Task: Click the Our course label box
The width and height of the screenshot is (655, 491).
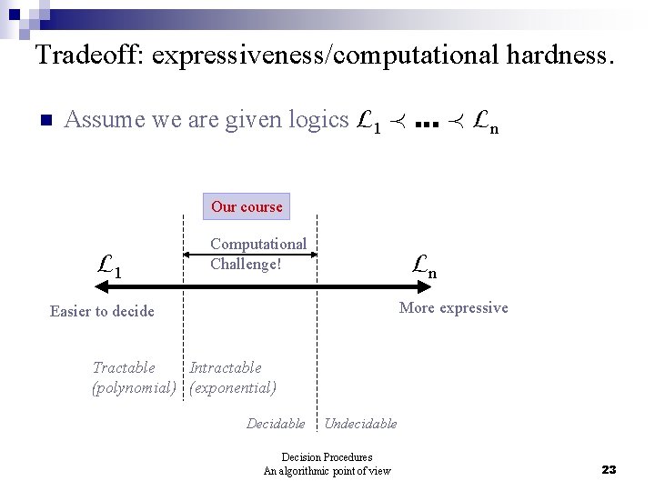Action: tap(247, 206)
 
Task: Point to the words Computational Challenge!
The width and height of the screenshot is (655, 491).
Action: tap(258, 254)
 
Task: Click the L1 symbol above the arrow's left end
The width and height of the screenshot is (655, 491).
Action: tap(110, 266)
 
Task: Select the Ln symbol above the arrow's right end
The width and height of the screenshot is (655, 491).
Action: tap(423, 266)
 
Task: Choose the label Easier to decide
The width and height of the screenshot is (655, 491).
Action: tap(102, 311)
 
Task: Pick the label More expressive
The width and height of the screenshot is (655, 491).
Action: tap(453, 307)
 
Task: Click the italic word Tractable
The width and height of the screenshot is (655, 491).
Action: tap(124, 367)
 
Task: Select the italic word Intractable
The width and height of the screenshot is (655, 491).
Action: tap(225, 367)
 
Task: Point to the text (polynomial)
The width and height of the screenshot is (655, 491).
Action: tap(134, 387)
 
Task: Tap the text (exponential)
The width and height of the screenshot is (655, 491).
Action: tap(233, 387)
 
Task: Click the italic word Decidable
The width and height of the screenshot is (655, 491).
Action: tap(276, 423)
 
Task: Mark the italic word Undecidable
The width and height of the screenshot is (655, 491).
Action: tap(360, 423)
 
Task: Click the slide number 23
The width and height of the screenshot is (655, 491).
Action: tap(609, 469)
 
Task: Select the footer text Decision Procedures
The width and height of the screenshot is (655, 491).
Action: tap(327, 456)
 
